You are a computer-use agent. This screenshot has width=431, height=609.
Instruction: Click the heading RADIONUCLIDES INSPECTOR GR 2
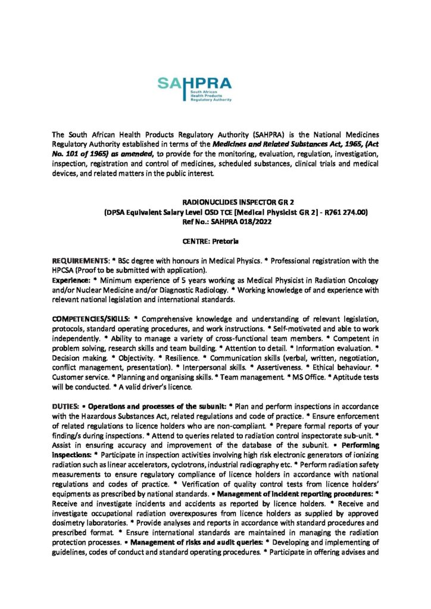click(215, 202)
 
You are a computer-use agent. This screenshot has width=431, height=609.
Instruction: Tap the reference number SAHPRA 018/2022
click(226, 221)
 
